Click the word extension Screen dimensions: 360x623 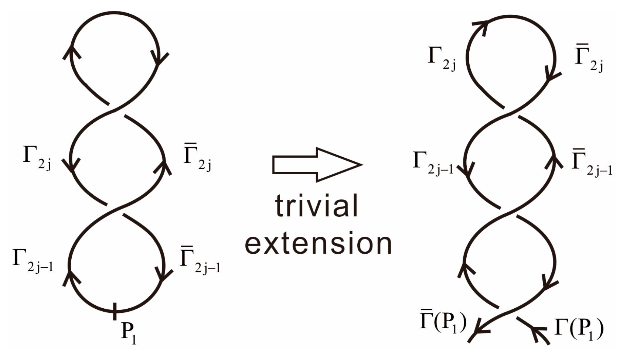click(318, 243)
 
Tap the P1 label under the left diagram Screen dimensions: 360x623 click(129, 333)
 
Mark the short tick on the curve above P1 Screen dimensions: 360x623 click(115, 311)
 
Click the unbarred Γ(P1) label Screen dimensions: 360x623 click(579, 328)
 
